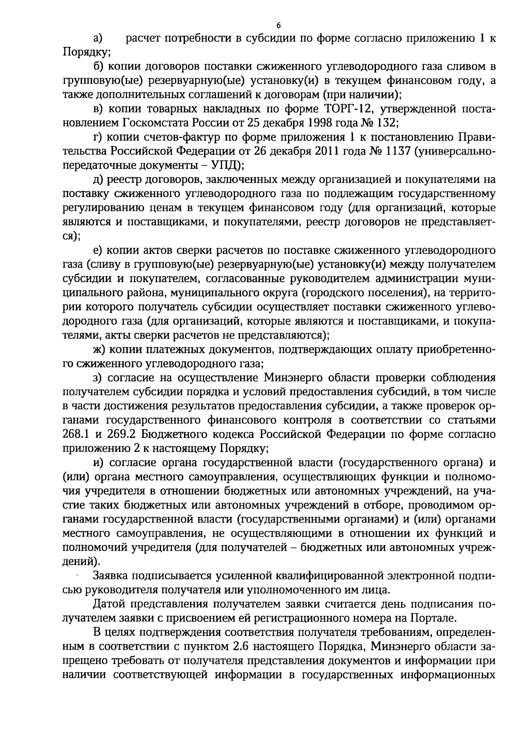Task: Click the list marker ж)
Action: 99,349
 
